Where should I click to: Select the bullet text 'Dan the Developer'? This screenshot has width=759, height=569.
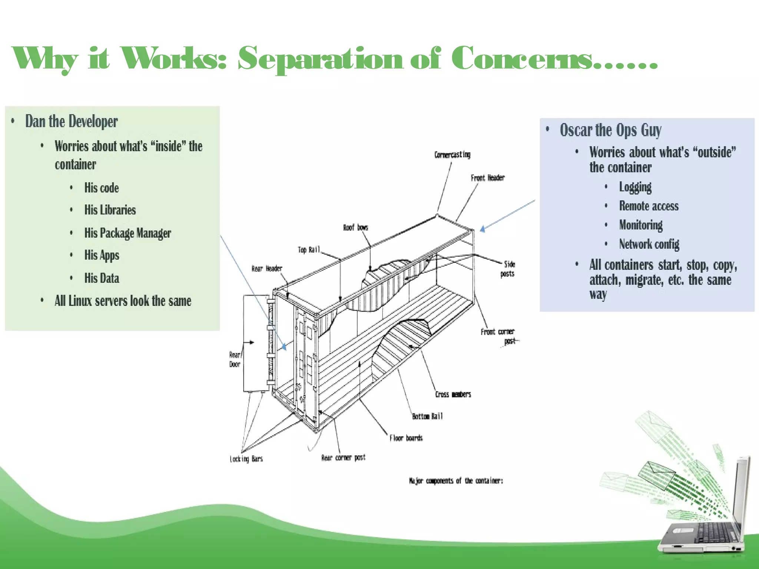coord(71,122)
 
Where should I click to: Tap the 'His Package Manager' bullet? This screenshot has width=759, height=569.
coord(127,233)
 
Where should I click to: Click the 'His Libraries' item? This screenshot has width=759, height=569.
coord(110,210)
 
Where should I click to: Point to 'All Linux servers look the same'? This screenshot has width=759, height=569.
coord(123,301)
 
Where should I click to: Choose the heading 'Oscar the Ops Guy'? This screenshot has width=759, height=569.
coord(610,130)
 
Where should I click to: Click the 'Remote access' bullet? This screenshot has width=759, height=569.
coord(649,206)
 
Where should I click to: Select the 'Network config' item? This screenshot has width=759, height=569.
coord(649,244)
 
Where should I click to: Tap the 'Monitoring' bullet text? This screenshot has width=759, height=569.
coord(641,225)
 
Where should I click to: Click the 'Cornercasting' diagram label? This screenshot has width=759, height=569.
coord(452,154)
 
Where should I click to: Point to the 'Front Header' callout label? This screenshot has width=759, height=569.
coord(488,178)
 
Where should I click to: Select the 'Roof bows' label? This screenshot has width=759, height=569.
coord(355,227)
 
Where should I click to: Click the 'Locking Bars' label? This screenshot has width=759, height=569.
coord(246,459)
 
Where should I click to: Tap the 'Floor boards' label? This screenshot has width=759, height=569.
coord(406,438)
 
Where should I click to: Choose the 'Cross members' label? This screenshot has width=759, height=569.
coord(453,395)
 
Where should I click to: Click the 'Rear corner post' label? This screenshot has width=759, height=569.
coord(343,458)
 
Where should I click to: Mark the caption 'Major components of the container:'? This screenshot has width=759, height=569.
coord(456,481)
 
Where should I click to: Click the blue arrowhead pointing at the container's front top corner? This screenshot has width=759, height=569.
coord(483,229)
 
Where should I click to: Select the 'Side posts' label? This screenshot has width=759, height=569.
coord(508,269)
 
